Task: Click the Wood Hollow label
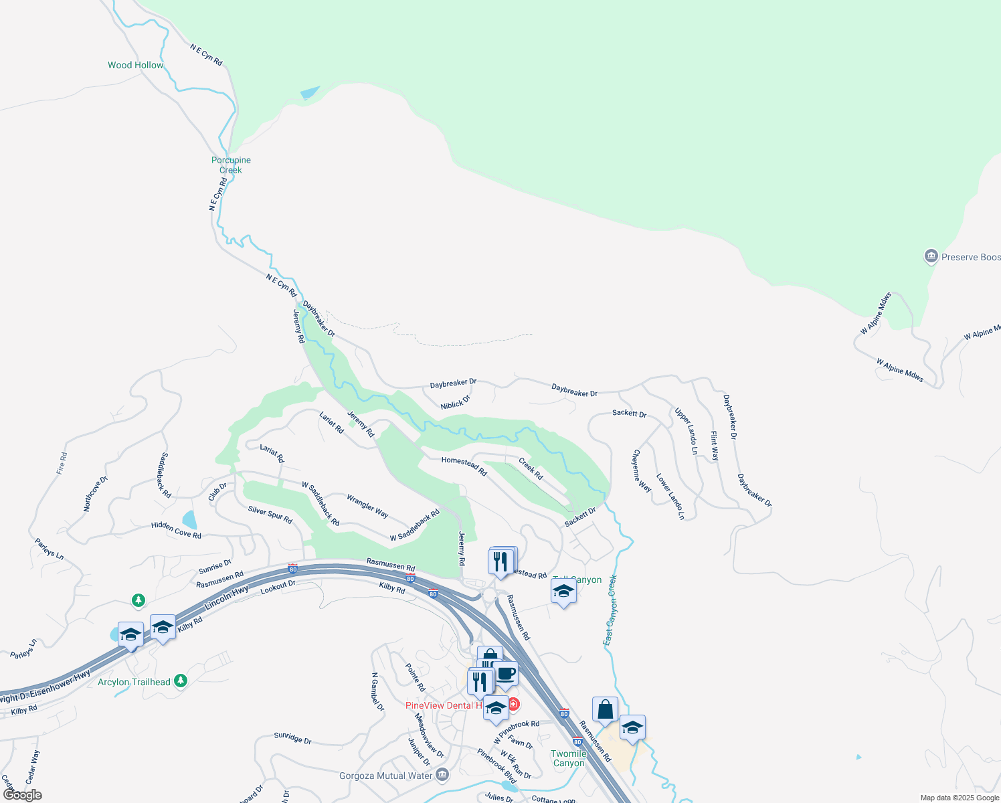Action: point(135,65)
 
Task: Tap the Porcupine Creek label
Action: point(231,165)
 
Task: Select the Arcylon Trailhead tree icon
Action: point(180,681)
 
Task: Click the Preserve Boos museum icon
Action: point(931,256)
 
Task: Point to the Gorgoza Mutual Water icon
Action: point(442,775)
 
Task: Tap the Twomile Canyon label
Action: point(569,758)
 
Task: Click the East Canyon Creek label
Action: point(610,610)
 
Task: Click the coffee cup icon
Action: point(506,673)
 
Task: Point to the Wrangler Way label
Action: point(367,506)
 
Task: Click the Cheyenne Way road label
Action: point(641,470)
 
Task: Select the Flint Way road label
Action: point(715,446)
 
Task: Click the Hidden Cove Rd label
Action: point(176,530)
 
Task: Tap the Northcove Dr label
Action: point(95,495)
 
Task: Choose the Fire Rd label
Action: point(62,463)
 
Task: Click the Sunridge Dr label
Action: point(292,737)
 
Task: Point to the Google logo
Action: point(23,795)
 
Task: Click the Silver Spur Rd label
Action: point(270,515)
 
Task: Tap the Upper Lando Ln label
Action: point(686,432)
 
